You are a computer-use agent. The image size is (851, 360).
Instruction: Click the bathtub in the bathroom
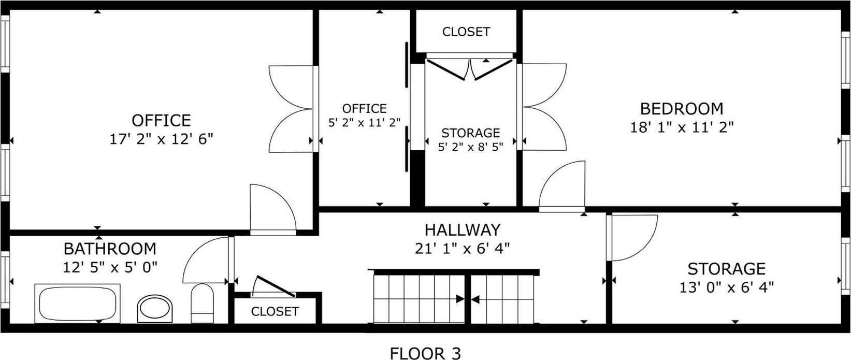78,303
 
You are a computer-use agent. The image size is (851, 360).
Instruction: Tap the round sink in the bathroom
154,309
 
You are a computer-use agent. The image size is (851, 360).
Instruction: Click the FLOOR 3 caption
425,353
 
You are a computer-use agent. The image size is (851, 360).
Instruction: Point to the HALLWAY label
463,229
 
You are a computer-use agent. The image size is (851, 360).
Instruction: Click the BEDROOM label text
682,109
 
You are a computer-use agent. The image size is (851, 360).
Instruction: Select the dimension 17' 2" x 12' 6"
161,139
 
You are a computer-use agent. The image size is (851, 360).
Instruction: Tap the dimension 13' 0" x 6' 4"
726,287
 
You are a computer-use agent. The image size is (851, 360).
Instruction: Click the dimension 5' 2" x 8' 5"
470,147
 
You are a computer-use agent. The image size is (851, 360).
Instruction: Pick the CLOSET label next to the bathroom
275,311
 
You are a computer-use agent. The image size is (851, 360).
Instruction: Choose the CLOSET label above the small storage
466,32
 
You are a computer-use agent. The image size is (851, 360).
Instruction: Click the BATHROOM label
110,249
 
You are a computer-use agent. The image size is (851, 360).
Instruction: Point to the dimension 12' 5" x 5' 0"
110,267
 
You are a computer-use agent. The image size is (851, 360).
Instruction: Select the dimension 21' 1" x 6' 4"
463,248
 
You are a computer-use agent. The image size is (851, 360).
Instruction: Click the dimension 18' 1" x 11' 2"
682,127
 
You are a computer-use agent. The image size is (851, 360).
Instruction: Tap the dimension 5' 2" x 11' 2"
365,123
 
